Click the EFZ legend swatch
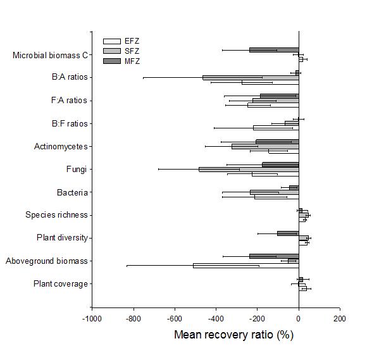tap(111, 41)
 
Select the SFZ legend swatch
tap(111, 51)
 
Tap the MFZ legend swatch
tap(111, 61)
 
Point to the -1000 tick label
tap(92, 319)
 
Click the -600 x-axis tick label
tap(174, 319)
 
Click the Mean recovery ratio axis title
tap(233, 335)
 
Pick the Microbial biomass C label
tap(50, 56)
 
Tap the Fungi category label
tap(77, 169)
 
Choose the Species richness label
tap(56, 215)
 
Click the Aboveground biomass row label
tap(47, 261)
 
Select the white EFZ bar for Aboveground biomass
tap(246, 266)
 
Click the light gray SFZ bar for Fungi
tap(249, 169)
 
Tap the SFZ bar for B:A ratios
tap(251, 78)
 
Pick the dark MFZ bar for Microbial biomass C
tap(274, 50)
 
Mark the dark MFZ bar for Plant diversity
tap(288, 233)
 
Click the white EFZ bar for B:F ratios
tap(276, 128)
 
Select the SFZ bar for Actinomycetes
tap(265, 147)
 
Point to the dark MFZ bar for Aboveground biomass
tap(274, 256)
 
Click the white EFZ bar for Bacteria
tap(276, 197)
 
